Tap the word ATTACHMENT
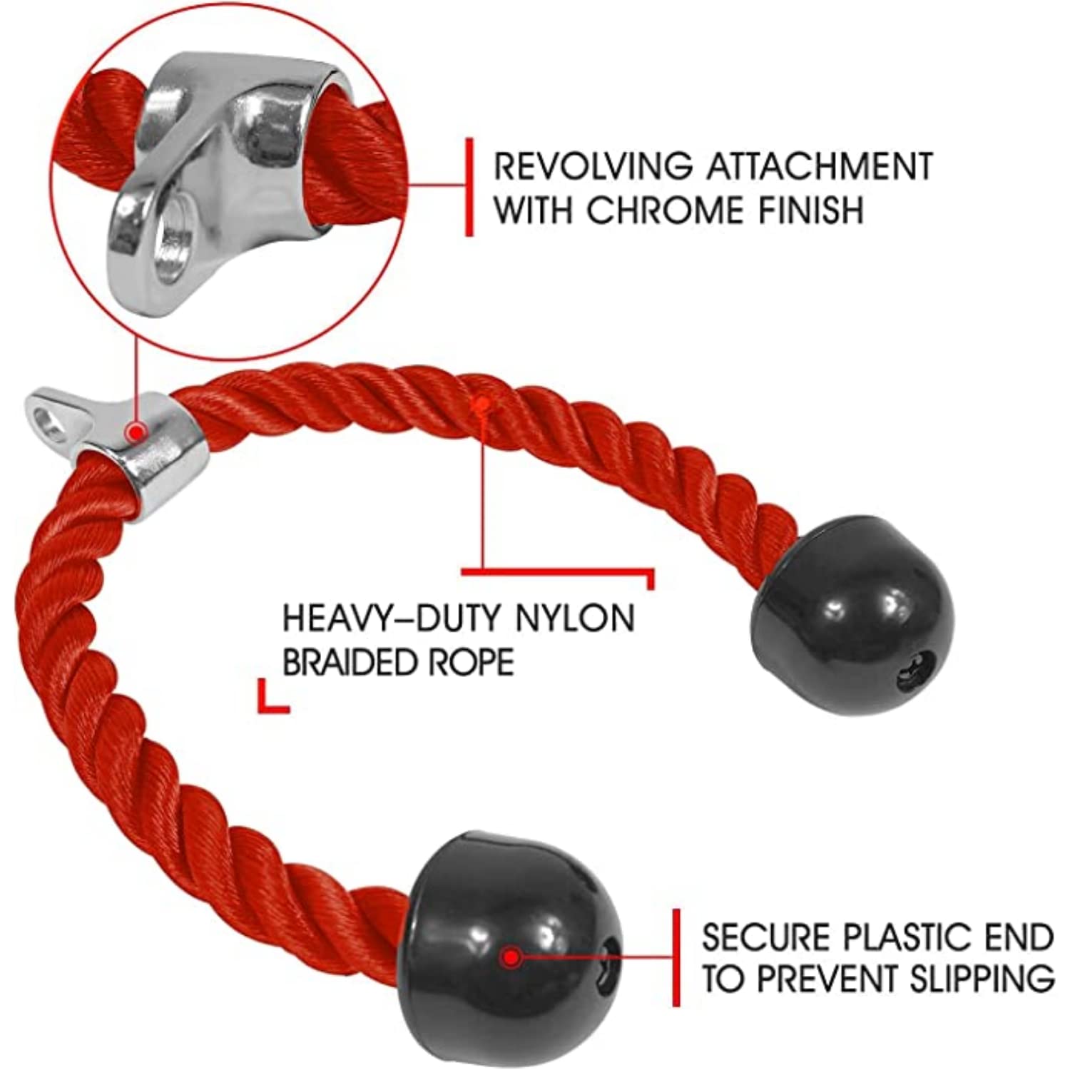819,166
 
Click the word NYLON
575,618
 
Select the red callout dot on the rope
482,404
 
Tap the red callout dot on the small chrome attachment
136,431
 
